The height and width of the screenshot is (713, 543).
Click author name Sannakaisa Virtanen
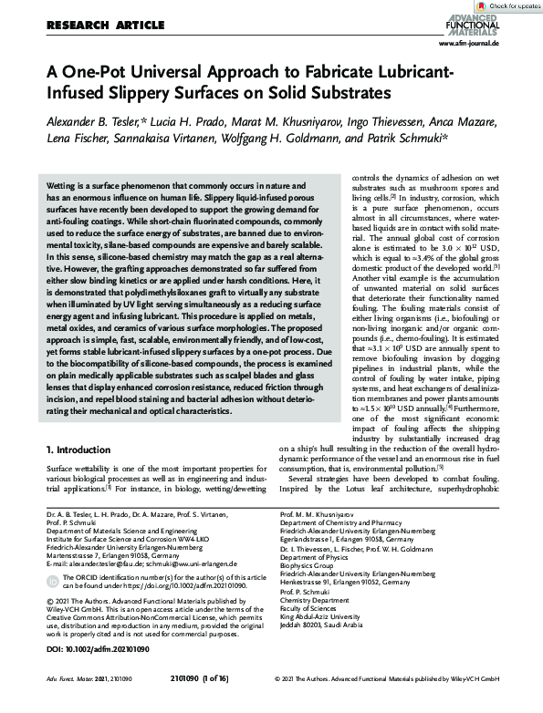tap(172, 139)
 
